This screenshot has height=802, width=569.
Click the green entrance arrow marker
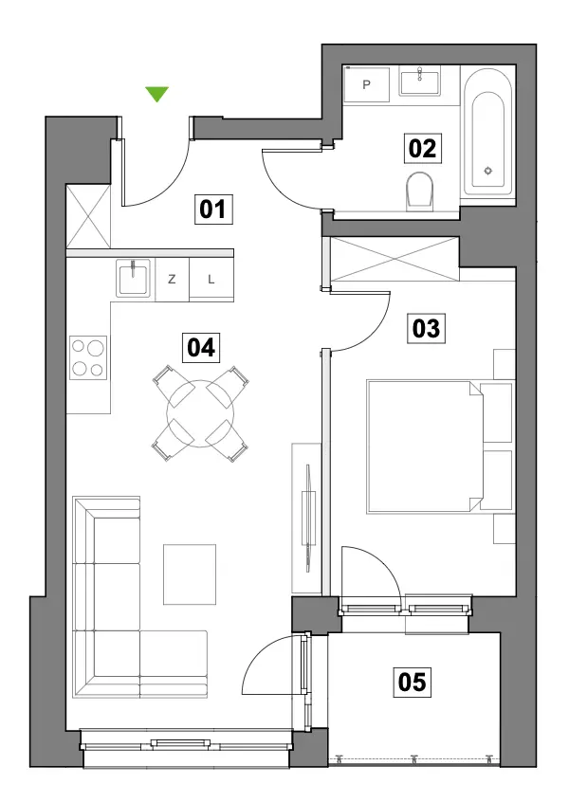pyautogui.click(x=156, y=94)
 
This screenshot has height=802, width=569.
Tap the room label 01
pyautogui.click(x=212, y=210)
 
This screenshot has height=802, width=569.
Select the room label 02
pyautogui.click(x=423, y=148)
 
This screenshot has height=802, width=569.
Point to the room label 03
pyautogui.click(x=426, y=328)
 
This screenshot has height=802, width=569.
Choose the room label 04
pyautogui.click(x=201, y=348)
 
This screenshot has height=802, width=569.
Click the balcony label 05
pyautogui.click(x=412, y=682)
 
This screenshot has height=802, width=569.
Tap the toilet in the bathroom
pyautogui.click(x=419, y=191)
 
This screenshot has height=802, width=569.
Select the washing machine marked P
pyautogui.click(x=366, y=84)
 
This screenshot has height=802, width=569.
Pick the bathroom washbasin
pyautogui.click(x=419, y=82)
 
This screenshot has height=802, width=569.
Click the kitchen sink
pyautogui.click(x=133, y=277)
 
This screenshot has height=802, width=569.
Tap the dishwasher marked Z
pyautogui.click(x=172, y=280)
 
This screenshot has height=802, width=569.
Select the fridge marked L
pyautogui.click(x=211, y=280)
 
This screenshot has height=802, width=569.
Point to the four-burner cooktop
pyautogui.click(x=88, y=358)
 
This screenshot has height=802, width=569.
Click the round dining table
pyautogui.click(x=200, y=413)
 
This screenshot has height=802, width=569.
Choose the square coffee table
pyautogui.click(x=190, y=574)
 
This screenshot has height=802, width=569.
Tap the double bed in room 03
pyautogui.click(x=440, y=447)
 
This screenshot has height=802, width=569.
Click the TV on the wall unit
pyautogui.click(x=308, y=517)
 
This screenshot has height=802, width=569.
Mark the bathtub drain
pyautogui.click(x=488, y=171)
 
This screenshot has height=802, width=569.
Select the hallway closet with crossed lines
pyautogui.click(x=88, y=216)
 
